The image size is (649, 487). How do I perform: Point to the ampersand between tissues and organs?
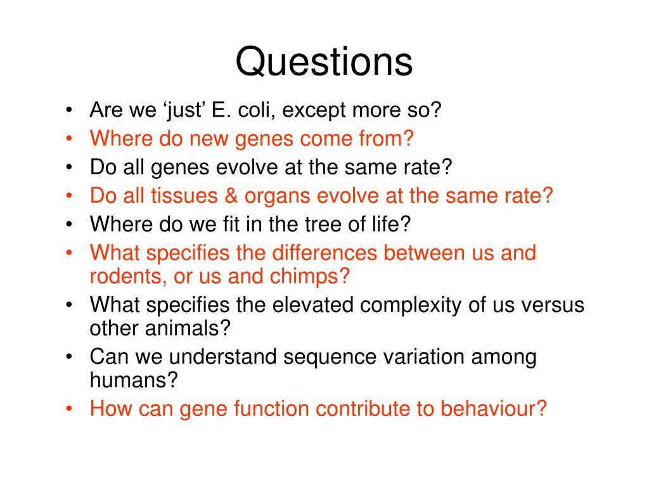click(x=231, y=196)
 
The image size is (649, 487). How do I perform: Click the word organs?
click(x=277, y=197)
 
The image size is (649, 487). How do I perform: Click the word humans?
click(x=129, y=380)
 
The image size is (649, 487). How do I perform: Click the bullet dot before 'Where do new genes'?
click(x=69, y=139)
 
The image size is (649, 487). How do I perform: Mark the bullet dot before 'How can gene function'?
click(x=69, y=409)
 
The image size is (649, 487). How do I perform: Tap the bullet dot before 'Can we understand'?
click(x=69, y=357)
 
